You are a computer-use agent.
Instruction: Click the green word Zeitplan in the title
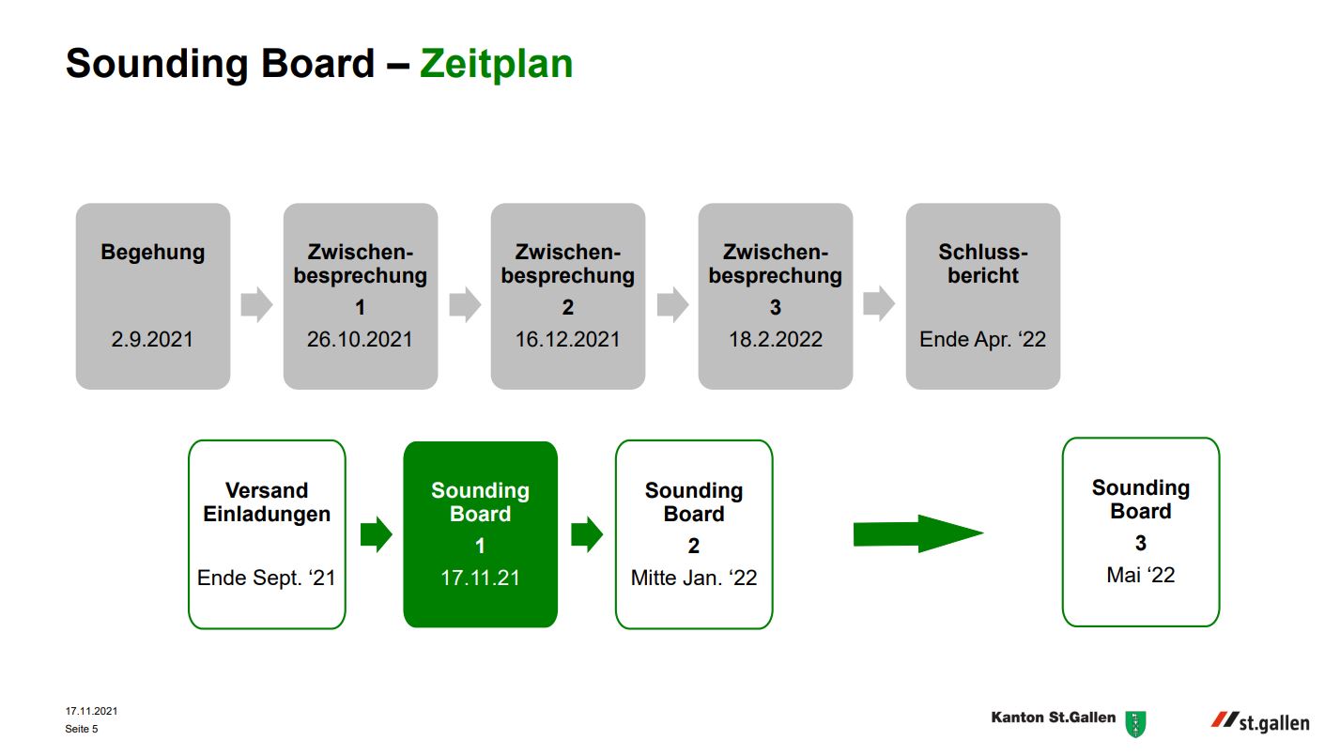(496, 65)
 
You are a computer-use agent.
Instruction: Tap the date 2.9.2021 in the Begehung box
(152, 340)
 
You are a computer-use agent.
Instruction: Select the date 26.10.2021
(361, 340)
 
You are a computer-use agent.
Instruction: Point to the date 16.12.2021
(568, 340)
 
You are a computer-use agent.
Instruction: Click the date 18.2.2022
(776, 340)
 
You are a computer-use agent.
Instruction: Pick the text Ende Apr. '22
(983, 340)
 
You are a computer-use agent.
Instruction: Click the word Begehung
(152, 253)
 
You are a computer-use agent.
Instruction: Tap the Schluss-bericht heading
(983, 264)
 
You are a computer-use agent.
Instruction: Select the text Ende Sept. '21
(267, 579)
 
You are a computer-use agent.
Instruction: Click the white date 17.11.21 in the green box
(481, 579)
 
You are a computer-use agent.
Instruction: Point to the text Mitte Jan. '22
(694, 579)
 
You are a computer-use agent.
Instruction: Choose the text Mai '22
(1141, 576)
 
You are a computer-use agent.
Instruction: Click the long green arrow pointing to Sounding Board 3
(918, 533)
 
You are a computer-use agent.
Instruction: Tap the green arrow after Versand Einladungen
(377, 534)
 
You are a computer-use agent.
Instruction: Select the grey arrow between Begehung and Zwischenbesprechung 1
(256, 304)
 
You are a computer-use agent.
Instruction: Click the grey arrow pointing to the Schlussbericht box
(879, 304)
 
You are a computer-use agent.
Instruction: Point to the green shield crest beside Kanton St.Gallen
(1135, 724)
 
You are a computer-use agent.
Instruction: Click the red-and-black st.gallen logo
(1260, 722)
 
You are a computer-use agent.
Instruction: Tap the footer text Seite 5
(82, 729)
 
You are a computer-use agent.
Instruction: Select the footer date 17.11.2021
(91, 711)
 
